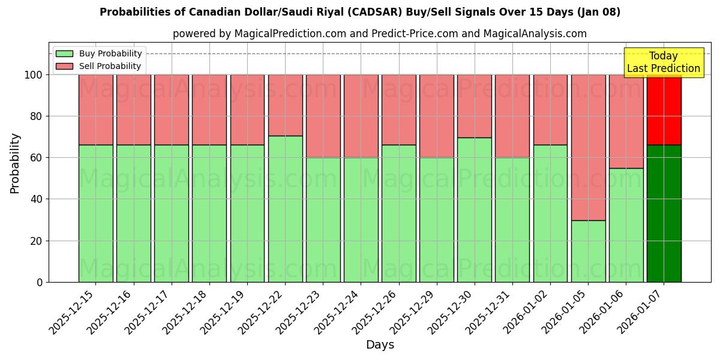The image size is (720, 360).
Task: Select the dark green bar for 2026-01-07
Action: [664, 213]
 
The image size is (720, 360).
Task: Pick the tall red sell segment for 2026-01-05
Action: [588, 147]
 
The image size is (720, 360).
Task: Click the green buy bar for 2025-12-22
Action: [285, 209]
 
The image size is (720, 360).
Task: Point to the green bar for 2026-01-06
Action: [626, 225]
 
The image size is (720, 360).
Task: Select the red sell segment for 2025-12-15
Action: [95, 109]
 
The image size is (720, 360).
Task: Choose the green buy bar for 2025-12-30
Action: [474, 210]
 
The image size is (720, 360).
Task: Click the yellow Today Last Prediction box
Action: [664, 62]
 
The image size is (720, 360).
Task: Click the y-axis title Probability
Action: [15, 163]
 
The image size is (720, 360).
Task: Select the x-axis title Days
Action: [380, 345]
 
